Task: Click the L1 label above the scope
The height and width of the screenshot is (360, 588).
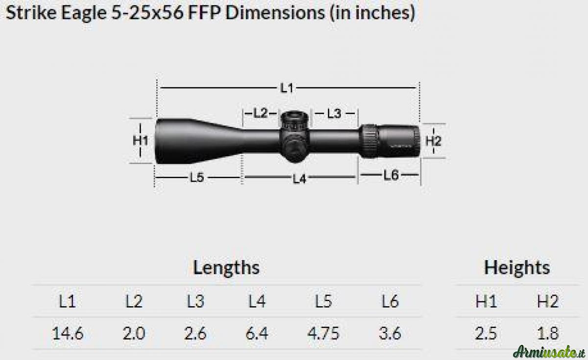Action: point(287,88)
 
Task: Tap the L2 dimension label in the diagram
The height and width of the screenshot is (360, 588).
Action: point(260,113)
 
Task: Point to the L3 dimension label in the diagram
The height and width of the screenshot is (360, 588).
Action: point(334,114)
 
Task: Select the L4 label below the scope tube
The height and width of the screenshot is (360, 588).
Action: point(299,179)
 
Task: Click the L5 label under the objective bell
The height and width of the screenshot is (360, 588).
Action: point(197,178)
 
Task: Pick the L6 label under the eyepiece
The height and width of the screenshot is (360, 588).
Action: point(391,175)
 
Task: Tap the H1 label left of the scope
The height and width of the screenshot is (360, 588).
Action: point(141,141)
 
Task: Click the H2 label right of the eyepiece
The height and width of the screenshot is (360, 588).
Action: point(433,141)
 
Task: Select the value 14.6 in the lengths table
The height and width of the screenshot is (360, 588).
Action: point(68,333)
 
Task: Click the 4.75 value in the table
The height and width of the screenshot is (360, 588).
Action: point(323,333)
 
